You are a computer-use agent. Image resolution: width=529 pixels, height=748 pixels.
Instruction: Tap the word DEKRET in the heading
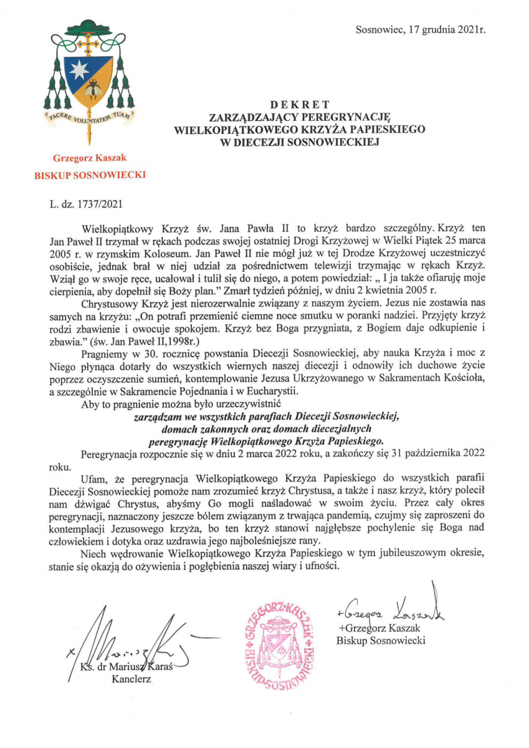point(300,104)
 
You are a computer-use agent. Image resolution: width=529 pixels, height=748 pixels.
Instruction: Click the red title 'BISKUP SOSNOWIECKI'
point(90,176)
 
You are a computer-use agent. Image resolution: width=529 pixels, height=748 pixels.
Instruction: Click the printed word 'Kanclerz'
point(131,679)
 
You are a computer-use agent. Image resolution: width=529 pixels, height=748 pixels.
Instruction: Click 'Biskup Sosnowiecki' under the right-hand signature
point(381,640)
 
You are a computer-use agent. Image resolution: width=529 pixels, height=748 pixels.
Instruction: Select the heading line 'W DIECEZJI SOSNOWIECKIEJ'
point(300,141)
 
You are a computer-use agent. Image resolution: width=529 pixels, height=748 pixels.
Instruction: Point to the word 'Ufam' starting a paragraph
point(94,478)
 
